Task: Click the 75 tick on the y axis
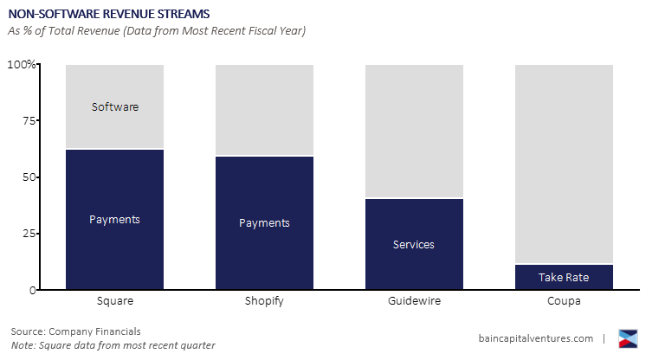point(29,121)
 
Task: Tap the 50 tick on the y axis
point(29,177)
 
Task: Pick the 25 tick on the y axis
point(29,234)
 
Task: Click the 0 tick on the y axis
point(32,290)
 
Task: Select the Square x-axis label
point(114,302)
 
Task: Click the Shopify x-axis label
point(264,302)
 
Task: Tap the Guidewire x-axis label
point(414,302)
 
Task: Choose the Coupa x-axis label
point(564,302)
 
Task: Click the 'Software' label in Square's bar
point(114,107)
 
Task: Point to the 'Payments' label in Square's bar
point(114,220)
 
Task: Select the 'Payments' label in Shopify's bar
point(264,223)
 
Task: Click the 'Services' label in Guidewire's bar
point(414,245)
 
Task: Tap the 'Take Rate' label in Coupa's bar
point(564,278)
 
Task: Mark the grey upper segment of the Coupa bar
point(564,164)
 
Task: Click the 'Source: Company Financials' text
point(75,331)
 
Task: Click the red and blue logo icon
point(629,338)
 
